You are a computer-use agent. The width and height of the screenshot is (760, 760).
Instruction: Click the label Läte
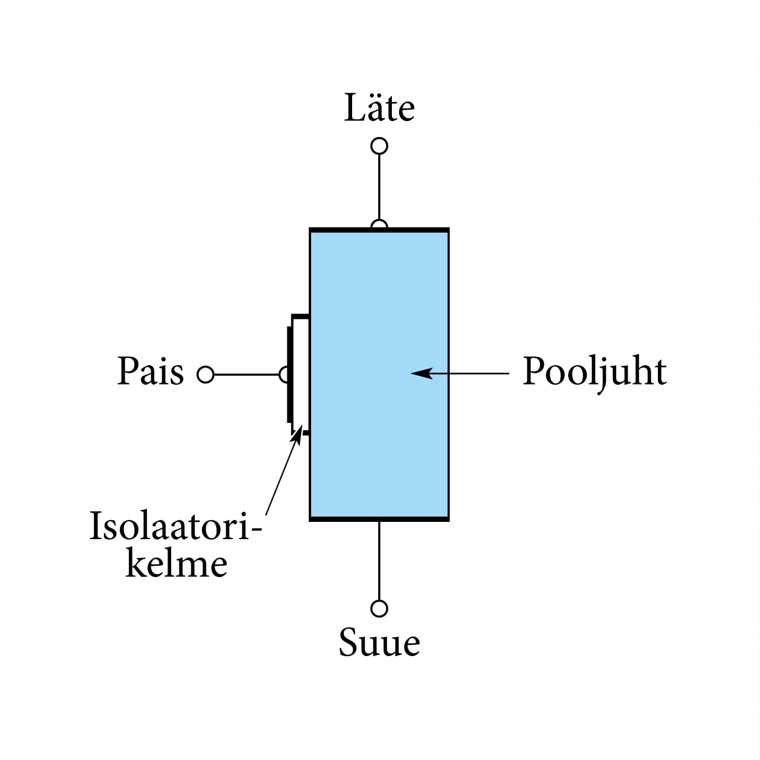pos(379,108)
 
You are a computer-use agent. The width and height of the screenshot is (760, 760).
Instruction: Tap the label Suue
pos(379,642)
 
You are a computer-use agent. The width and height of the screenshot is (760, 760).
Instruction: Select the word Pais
pos(151,372)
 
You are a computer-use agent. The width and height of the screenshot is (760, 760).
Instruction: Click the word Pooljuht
pos(594,373)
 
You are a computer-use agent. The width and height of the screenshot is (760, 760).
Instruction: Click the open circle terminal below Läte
pos(379,145)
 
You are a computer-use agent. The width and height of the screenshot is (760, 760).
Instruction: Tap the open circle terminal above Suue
pos(379,609)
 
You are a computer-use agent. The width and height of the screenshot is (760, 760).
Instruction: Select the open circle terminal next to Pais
pos(205,375)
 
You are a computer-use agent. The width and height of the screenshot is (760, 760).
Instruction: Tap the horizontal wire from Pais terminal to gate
pos(246,375)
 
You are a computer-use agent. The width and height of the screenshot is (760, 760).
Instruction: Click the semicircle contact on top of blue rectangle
pos(379,225)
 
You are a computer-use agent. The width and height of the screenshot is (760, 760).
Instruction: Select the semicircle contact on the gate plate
pos(284,375)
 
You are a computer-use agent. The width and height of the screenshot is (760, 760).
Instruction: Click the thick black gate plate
pos(290,374)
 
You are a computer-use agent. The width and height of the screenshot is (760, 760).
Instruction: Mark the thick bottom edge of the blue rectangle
pos(379,519)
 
